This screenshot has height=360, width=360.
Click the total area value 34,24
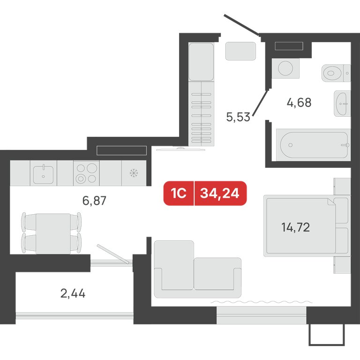click(220, 193)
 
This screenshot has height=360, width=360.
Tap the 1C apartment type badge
click(179, 193)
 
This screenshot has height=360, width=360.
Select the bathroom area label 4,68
click(299, 102)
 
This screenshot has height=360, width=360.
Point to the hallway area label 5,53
click(238, 117)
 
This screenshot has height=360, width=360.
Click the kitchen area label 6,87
click(94, 201)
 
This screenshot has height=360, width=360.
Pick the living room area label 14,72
click(296, 227)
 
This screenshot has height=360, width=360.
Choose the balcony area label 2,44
click(73, 293)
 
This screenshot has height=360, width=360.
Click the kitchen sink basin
click(44, 174)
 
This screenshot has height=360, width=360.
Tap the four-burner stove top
click(86, 173)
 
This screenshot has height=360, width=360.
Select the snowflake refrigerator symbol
click(134, 173)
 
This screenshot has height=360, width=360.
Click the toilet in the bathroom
click(336, 73)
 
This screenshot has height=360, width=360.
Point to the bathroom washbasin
click(342, 103)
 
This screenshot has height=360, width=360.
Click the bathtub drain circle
click(291, 145)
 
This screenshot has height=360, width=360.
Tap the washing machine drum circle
click(285, 68)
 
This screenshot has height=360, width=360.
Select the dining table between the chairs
click(53, 234)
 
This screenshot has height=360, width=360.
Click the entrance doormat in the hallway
click(240, 51)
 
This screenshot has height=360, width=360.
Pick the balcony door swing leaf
click(113, 254)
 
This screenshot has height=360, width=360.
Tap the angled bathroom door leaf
click(260, 103)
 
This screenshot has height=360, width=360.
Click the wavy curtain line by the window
click(262, 302)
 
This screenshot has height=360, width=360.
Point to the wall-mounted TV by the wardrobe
click(180, 149)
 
